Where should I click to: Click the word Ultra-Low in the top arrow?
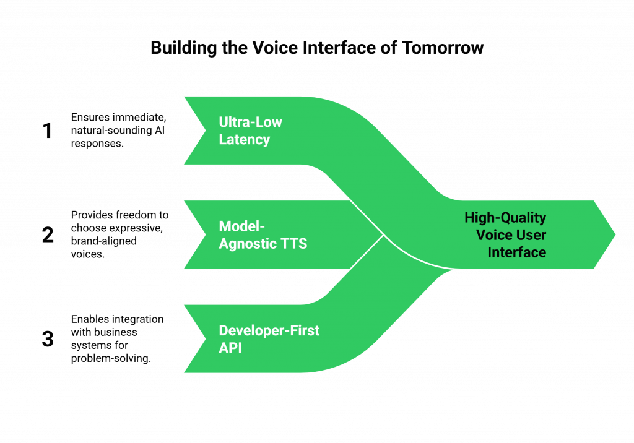[250, 122]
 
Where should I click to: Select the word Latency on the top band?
[244, 140]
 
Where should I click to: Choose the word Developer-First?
[269, 330]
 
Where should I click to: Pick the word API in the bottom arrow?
[230, 348]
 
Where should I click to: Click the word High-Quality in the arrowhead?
[505, 218]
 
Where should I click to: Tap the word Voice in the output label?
[493, 235]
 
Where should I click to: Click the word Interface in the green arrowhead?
[516, 252]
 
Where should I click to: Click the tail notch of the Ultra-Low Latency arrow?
[204, 131]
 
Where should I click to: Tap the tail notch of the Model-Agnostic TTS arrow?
[204, 234]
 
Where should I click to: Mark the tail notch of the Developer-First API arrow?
[204, 338]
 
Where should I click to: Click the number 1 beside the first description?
[48, 131]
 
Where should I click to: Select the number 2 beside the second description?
[48, 235]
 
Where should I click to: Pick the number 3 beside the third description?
[48, 339]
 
